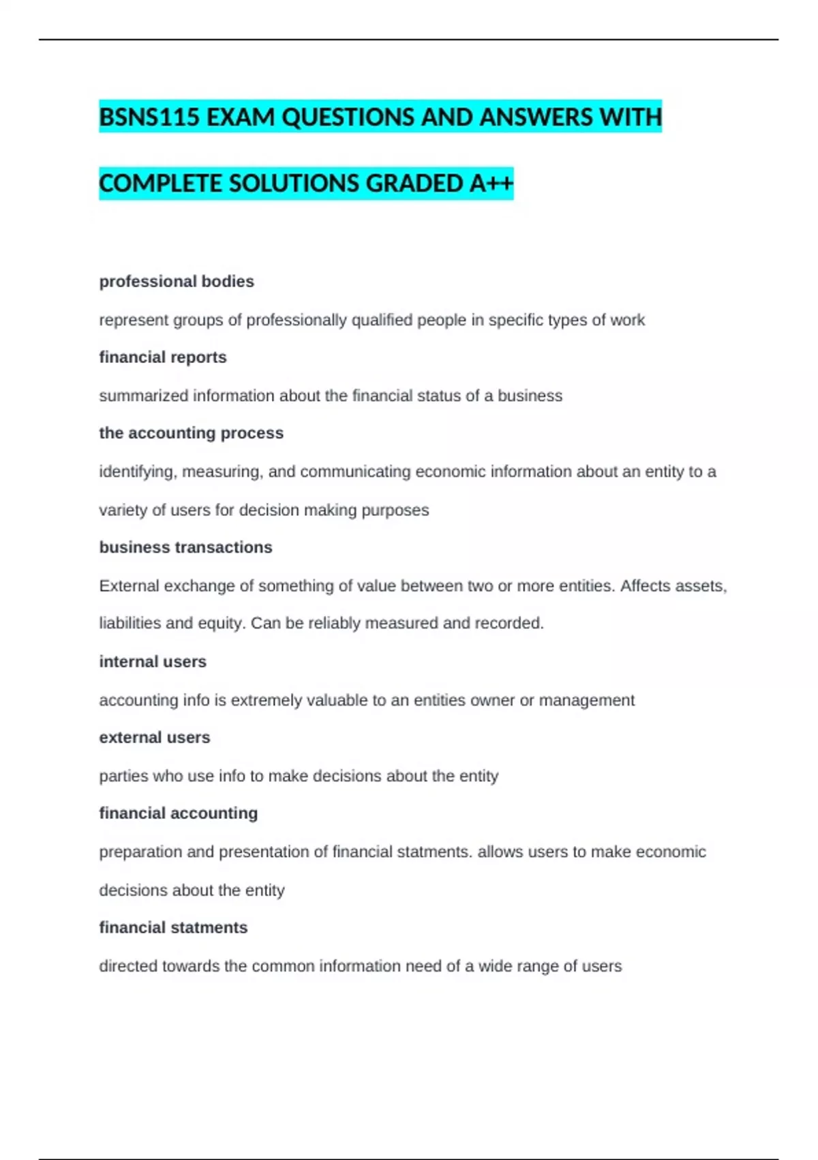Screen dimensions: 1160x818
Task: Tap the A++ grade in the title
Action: coord(491,184)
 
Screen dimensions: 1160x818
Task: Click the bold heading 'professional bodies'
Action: coord(177,281)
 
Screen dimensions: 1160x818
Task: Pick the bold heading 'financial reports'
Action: coord(163,357)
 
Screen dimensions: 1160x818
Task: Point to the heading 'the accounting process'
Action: coord(191,433)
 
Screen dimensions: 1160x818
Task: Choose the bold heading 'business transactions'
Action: coord(185,547)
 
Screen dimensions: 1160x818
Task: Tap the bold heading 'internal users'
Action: coord(153,661)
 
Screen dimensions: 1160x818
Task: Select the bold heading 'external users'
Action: coord(155,737)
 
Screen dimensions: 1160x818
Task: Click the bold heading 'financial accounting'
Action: coord(179,813)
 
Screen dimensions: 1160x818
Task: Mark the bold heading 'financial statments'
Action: coord(173,927)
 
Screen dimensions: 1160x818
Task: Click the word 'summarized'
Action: coord(143,396)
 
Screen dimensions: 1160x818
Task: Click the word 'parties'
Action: coord(123,776)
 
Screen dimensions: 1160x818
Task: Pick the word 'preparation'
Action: coord(140,852)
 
